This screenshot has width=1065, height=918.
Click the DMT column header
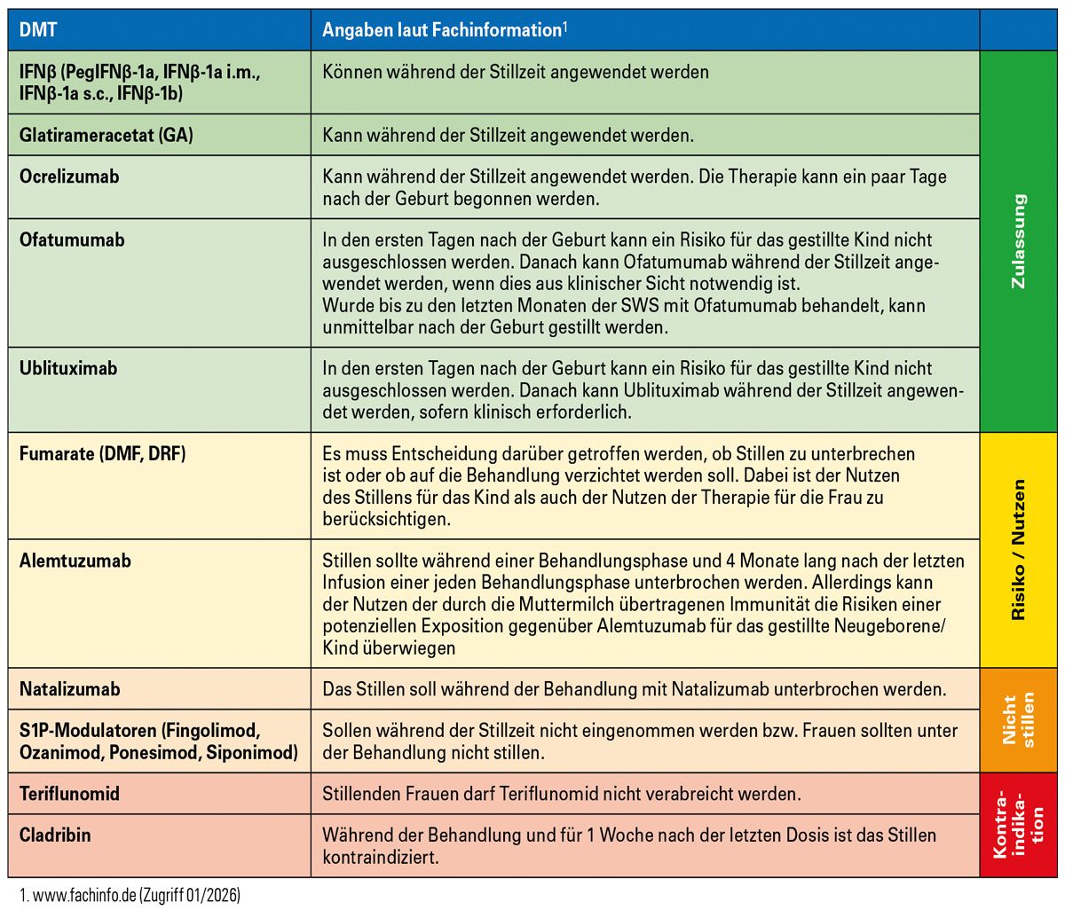[38, 30]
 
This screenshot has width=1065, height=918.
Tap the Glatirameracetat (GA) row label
[106, 136]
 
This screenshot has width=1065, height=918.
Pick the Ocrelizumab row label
[69, 177]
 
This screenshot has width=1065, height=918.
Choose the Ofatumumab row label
[72, 239]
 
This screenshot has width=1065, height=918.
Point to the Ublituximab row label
[68, 368]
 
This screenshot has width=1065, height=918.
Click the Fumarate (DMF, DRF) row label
[103, 453]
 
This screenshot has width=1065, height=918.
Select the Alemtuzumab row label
[75, 561]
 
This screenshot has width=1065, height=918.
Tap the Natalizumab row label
[70, 689]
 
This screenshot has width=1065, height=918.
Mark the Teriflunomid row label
[69, 794]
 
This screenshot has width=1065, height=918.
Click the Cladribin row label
[55, 835]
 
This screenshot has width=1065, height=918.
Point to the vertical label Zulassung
[1019, 241]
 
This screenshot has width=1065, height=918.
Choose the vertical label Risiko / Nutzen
[1019, 549]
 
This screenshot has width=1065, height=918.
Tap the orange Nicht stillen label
[1019, 720]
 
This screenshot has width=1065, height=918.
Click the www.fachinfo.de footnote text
[129, 896]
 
